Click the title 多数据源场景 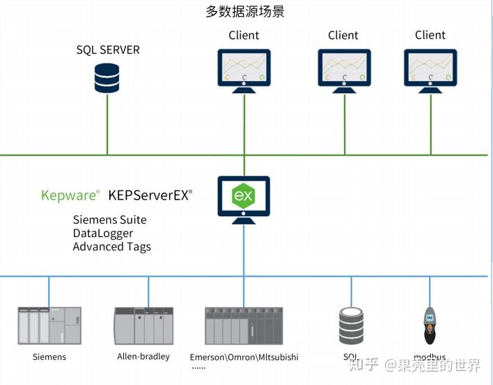(244, 12)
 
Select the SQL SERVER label (108, 50)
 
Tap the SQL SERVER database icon (107, 77)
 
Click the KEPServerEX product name (150, 195)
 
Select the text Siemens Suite (110, 220)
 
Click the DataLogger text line (103, 233)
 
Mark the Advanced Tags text (111, 246)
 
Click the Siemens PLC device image (49, 325)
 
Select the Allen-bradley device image (143, 325)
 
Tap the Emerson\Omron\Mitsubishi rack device (244, 325)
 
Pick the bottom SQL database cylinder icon (351, 325)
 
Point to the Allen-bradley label (143, 357)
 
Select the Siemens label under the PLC (49, 357)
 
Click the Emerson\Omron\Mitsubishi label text (244, 357)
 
